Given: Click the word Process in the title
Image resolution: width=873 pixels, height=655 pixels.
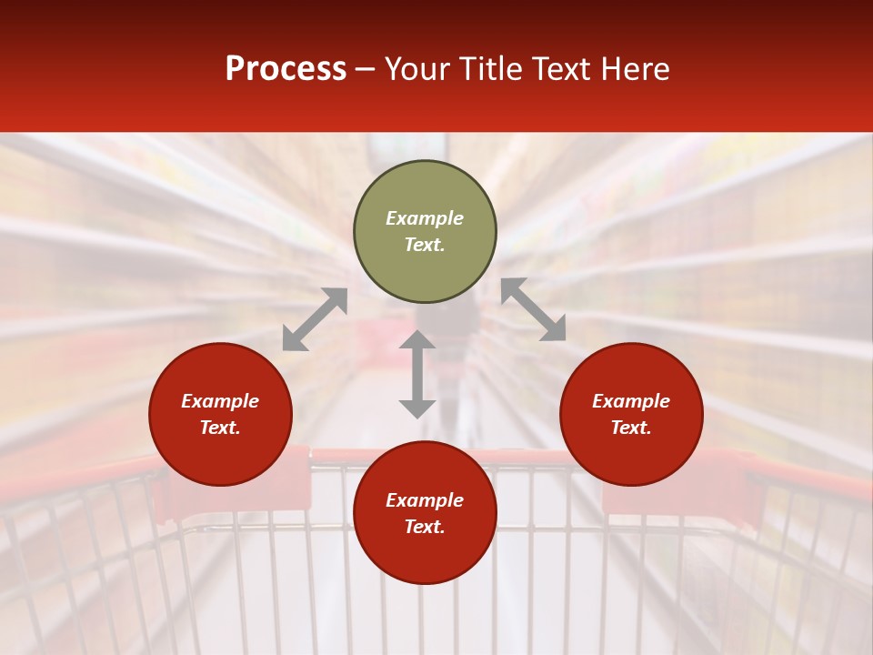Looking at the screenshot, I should click(x=286, y=69).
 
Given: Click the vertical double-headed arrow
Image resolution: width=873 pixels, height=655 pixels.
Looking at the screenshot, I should click(x=417, y=374).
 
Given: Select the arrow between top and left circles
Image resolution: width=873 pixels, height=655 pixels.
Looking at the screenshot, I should click(x=315, y=319).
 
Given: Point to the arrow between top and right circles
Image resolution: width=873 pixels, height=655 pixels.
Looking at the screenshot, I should click(x=533, y=309).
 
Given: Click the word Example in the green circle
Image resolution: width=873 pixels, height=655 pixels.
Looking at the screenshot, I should click(x=425, y=218).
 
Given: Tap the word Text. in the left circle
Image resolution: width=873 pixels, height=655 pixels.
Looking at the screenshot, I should click(x=220, y=428).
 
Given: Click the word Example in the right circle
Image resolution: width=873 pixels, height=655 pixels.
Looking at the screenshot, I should click(x=631, y=401).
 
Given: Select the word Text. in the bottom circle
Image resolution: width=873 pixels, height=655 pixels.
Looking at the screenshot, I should click(x=425, y=527).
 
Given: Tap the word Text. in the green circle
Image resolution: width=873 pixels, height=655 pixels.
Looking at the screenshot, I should click(x=425, y=245).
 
